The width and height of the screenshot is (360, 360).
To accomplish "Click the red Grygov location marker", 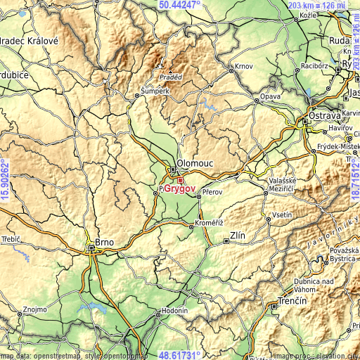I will [180, 180].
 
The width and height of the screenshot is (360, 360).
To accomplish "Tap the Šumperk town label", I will [155, 91].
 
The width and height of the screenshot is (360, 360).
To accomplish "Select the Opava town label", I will [271, 96].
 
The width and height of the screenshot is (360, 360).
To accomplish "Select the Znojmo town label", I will [34, 309].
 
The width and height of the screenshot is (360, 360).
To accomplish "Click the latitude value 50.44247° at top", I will [180, 4].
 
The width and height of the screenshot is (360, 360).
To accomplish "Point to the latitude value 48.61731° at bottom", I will [180, 356].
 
